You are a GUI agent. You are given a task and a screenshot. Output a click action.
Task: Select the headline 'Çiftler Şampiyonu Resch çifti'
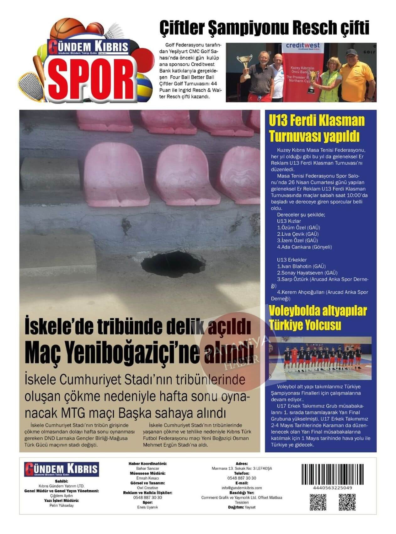(x=264, y=28)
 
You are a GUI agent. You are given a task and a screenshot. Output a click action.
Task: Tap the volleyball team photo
(x=320, y=358)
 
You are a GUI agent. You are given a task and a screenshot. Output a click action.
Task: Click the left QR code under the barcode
(x=318, y=502)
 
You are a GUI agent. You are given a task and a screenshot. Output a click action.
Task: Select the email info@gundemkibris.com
(x=242, y=488)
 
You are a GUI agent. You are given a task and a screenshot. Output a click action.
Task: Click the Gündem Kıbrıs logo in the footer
(x=62, y=469)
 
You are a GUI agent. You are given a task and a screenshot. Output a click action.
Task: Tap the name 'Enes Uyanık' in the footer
(x=147, y=507)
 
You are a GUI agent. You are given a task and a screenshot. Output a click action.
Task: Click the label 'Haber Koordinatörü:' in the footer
(x=147, y=464)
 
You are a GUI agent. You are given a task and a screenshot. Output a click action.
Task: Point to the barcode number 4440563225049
(x=328, y=488)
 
